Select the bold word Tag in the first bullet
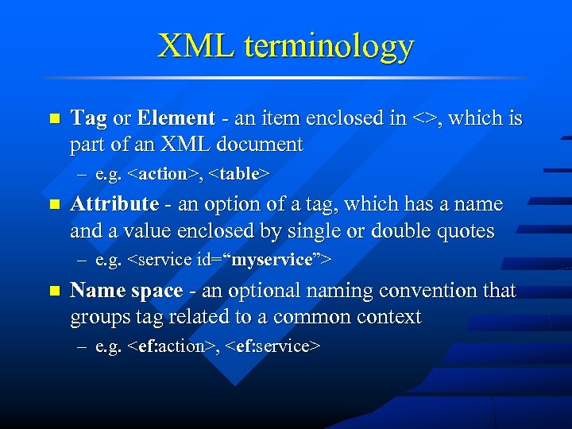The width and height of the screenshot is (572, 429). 88,119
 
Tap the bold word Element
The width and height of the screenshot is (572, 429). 176,118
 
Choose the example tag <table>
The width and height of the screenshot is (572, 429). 240,173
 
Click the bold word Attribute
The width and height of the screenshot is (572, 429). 114,204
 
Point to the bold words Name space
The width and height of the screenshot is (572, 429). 126,291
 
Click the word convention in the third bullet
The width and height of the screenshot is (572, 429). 427,291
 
